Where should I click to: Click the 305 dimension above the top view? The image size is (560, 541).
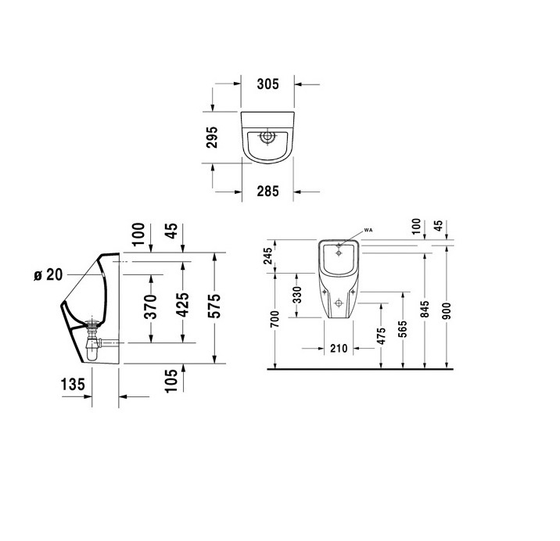coord(267,84)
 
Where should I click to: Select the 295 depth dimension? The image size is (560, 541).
coord(212,137)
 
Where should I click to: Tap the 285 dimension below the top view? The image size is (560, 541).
coord(267,192)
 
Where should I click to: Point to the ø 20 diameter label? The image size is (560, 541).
coord(48,274)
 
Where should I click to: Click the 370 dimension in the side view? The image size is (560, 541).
coord(151,306)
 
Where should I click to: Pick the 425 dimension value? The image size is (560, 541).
coord(183,305)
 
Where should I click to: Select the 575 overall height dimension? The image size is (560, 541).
coord(214,306)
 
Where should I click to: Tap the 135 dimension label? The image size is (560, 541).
coord(73,385)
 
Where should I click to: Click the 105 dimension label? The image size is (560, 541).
coord(171,381)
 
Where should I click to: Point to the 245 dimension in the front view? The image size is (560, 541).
coord(267,256)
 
